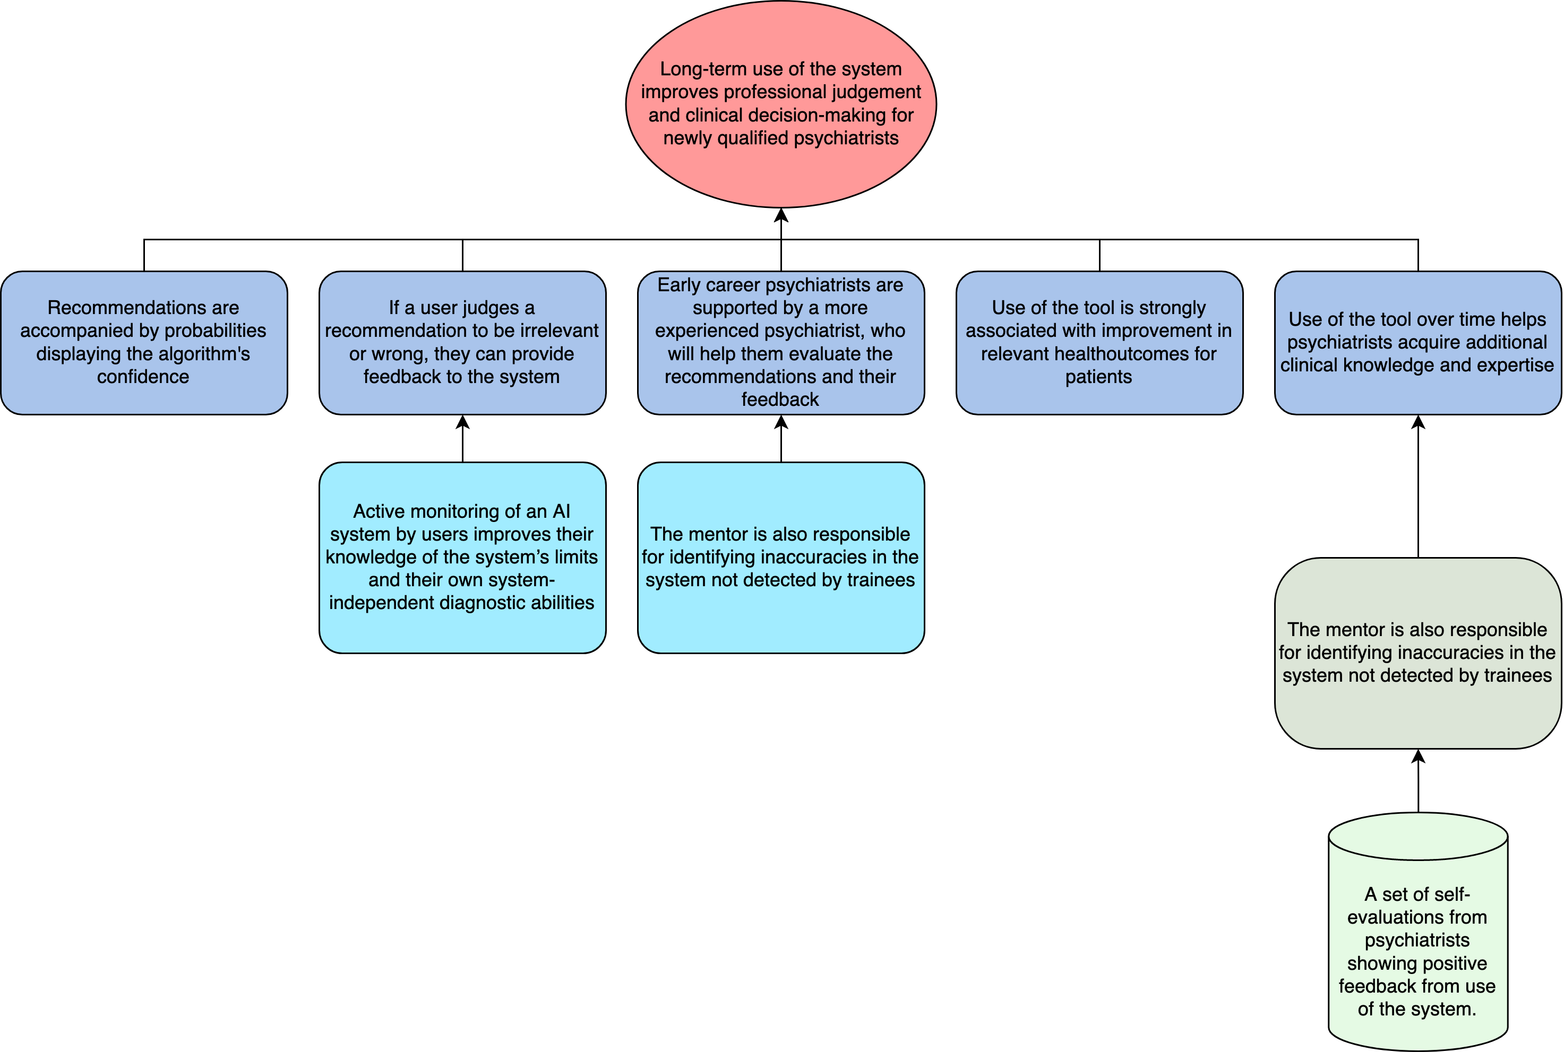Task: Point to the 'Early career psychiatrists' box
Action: pyautogui.click(x=780, y=342)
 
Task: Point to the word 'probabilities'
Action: pyautogui.click(x=215, y=331)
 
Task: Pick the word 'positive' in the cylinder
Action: pyautogui.click(x=1450, y=963)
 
